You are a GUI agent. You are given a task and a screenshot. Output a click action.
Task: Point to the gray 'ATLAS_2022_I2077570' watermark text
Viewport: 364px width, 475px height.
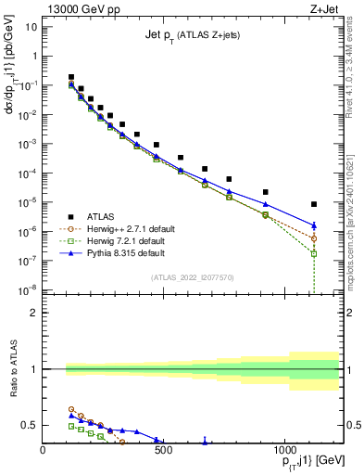tap(192, 277)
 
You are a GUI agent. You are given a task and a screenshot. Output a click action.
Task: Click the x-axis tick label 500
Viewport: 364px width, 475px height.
tap(163, 452)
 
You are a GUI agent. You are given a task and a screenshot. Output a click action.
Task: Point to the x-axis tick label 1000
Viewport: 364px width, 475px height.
tap(283, 452)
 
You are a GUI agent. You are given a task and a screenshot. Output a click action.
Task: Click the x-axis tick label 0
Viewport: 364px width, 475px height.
tap(44, 452)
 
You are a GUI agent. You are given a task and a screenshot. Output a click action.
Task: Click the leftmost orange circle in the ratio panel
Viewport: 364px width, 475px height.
tap(71, 409)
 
